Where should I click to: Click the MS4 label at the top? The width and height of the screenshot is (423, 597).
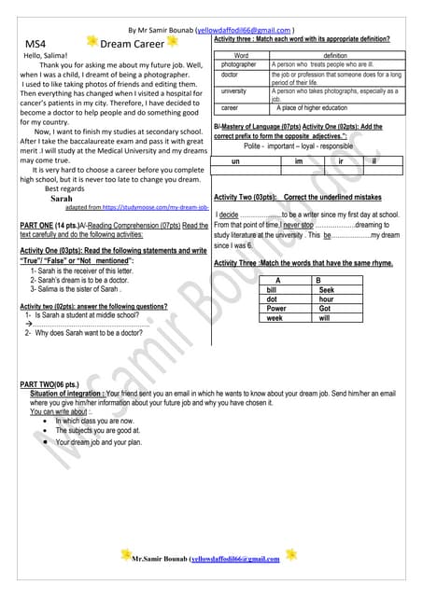coord(35,44)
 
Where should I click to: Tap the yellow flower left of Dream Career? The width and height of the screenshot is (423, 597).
coord(92,42)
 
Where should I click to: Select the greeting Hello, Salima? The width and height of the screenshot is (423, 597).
coord(45,56)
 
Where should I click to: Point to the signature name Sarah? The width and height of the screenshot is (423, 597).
coord(62,199)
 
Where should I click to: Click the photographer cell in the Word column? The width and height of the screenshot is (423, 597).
coord(239,64)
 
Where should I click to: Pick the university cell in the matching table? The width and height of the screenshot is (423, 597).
coord(234,91)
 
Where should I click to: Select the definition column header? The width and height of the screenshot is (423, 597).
coord(335,56)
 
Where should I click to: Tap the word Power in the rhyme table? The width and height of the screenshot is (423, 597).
coord(276,308)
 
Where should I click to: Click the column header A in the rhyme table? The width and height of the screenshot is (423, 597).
coord(278,281)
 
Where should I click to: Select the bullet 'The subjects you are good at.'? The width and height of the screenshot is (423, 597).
coord(98,431)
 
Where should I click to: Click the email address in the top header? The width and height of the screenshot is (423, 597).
coord(246,30)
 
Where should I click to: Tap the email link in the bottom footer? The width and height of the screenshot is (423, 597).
coord(234,558)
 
